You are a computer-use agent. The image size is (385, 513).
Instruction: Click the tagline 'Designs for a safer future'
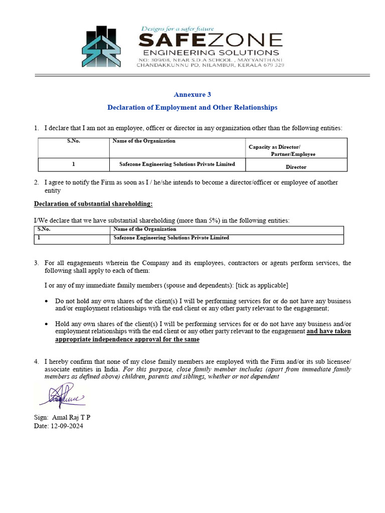coord(181,30)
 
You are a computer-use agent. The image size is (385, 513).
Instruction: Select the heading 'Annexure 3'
coord(189,94)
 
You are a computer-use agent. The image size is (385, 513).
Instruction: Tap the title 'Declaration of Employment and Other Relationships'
coord(192,107)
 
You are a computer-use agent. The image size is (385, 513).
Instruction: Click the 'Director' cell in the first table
coord(296,167)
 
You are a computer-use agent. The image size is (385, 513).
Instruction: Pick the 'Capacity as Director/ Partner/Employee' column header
coord(282,150)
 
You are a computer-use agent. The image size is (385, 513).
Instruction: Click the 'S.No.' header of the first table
coord(74,141)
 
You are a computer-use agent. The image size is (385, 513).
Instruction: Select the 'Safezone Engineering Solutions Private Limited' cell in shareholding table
coord(171,238)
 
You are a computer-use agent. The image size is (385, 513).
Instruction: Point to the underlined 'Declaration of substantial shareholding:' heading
coord(93,203)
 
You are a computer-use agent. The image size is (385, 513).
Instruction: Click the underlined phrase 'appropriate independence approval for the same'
coord(127,339)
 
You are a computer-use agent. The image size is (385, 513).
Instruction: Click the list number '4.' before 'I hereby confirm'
coord(37,361)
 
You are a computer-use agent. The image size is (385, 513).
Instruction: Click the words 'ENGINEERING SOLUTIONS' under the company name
coord(211,52)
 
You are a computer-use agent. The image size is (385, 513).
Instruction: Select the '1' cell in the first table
coord(74,164)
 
